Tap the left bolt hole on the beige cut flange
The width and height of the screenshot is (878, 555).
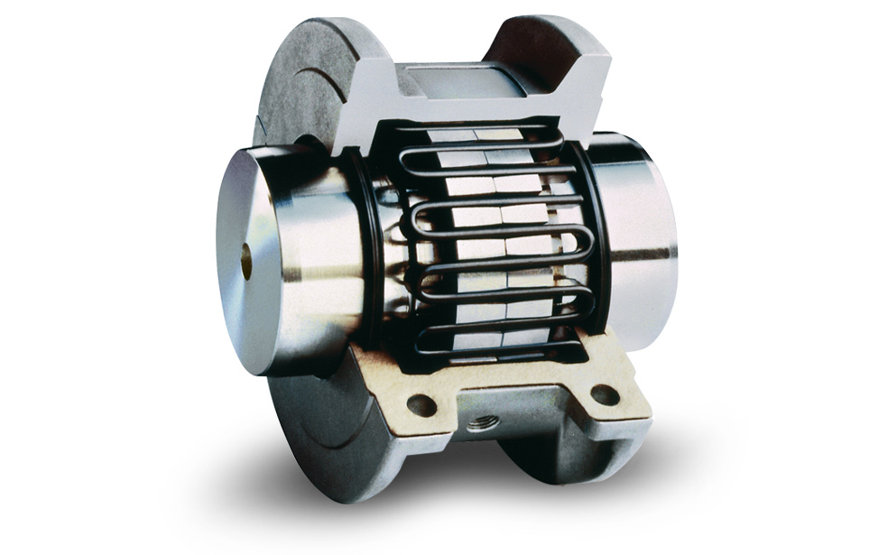[x=421, y=405]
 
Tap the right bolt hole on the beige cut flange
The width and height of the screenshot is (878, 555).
[x=604, y=394]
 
